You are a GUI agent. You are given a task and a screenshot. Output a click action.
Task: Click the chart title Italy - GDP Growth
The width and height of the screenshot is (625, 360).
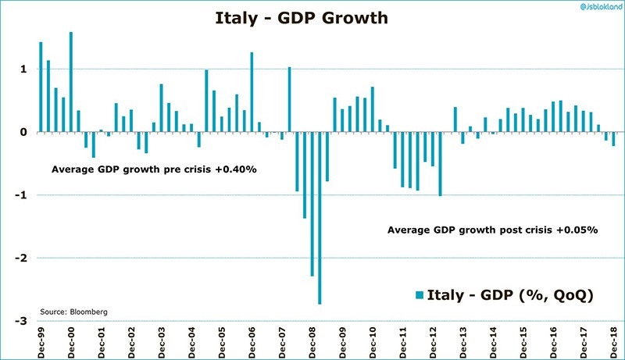(x=302, y=16)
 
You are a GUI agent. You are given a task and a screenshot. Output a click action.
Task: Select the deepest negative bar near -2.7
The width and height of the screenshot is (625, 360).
(x=320, y=219)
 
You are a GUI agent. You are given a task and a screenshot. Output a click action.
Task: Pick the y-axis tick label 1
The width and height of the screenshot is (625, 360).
(x=24, y=70)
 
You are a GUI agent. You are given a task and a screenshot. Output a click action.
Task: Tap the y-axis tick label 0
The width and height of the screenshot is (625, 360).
(x=24, y=132)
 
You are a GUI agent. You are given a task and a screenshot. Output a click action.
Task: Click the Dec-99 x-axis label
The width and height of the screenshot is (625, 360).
(x=41, y=343)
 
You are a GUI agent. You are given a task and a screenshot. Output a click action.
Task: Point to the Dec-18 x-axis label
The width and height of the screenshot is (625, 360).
(x=613, y=343)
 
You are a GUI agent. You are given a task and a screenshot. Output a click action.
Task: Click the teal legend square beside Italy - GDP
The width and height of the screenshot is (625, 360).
(x=420, y=294)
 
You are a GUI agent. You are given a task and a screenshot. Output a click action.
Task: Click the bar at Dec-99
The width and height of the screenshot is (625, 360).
(x=41, y=87)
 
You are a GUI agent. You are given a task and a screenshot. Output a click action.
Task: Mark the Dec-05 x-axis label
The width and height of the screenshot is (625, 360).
(x=222, y=343)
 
